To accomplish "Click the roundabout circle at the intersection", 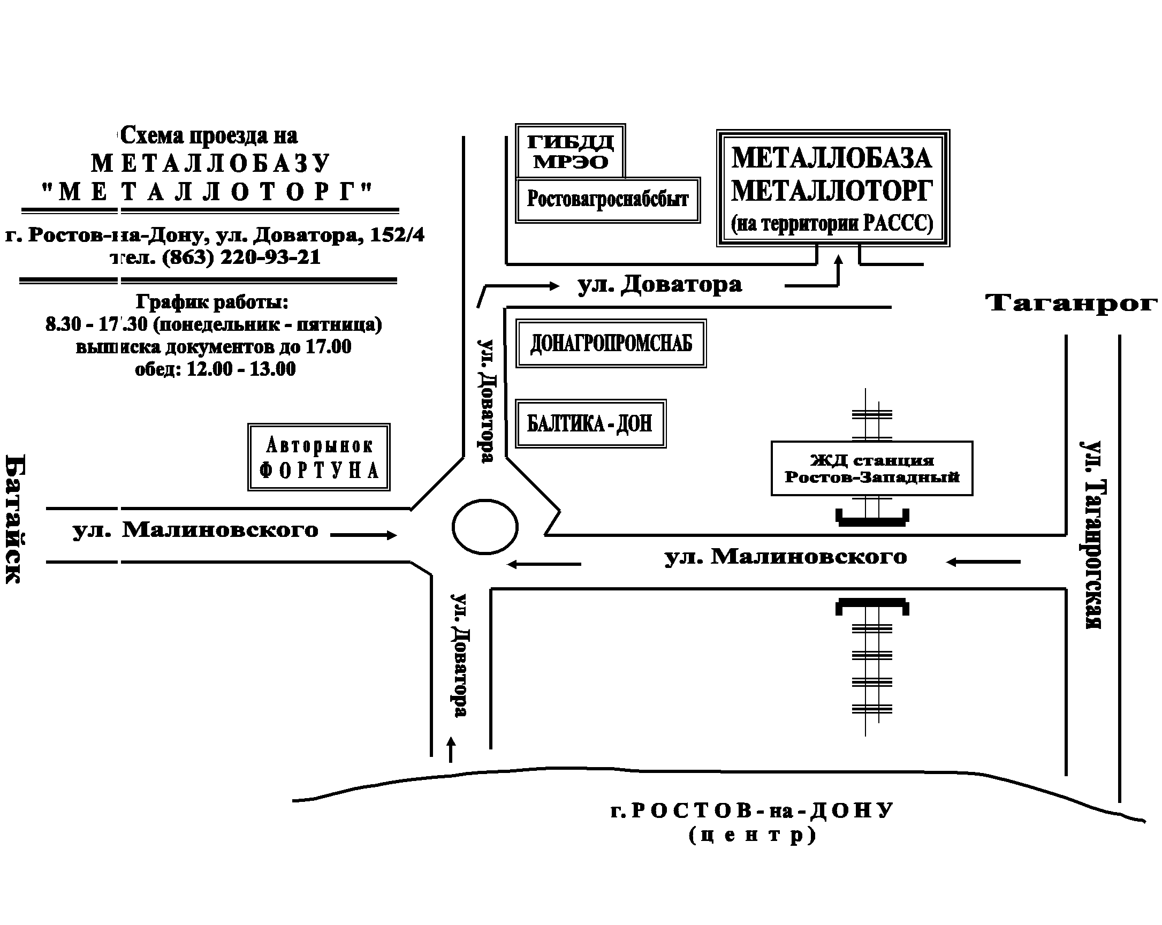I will click(484, 527).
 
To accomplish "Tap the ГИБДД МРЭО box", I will click(570, 151).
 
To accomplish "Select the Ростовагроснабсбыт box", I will click(607, 200).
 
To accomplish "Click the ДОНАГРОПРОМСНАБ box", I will click(611, 343).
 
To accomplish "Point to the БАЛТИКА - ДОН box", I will click(590, 423).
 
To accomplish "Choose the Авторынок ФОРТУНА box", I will click(318, 457).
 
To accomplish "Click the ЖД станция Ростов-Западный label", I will click(871, 468).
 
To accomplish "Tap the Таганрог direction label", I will click(1071, 302).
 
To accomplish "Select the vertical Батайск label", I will click(14, 519).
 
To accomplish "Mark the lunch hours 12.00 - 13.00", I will click(241, 369).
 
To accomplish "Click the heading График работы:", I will click(212, 302).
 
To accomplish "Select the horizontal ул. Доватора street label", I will click(660, 284).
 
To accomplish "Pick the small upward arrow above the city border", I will click(451, 749).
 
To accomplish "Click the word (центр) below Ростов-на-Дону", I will click(753, 835).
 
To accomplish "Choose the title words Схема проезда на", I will click(209, 135).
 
